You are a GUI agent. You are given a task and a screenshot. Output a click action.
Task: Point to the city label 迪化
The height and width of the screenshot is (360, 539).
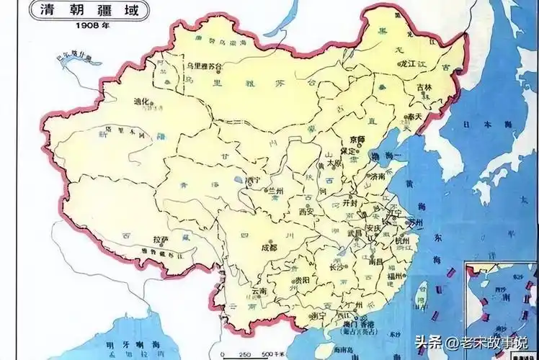point(141,102)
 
